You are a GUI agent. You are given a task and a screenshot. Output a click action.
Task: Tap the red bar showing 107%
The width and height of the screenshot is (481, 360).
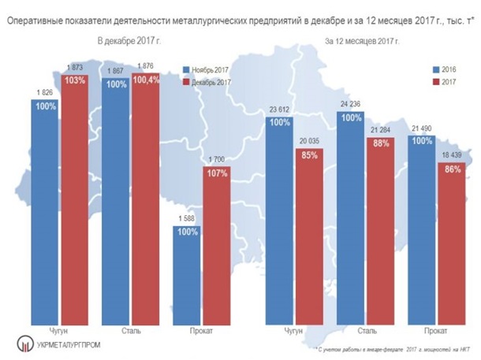click(224, 244)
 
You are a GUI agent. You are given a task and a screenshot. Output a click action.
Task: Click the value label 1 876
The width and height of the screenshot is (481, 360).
click(147, 65)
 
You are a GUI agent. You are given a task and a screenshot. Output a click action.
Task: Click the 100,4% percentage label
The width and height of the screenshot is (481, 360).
click(147, 81)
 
